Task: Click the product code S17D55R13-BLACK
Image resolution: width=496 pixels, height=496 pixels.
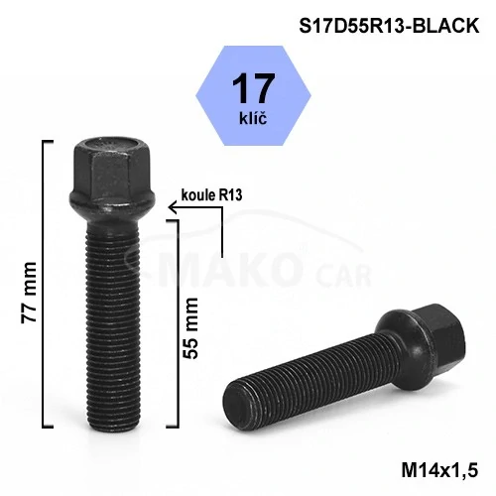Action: (x=389, y=26)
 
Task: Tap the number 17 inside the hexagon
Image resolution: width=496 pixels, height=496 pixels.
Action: (x=253, y=88)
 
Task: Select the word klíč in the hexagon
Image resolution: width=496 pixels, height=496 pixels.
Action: (x=253, y=117)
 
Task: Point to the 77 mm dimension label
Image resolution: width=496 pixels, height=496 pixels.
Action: (x=29, y=293)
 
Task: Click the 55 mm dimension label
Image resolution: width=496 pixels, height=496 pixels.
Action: (x=190, y=328)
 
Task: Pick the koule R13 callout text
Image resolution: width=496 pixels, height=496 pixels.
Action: (x=211, y=195)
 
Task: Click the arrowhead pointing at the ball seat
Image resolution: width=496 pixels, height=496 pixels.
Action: (x=172, y=207)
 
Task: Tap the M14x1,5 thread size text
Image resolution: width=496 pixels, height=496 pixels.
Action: (x=439, y=470)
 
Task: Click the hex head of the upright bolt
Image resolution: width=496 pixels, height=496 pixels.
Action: (x=111, y=169)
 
